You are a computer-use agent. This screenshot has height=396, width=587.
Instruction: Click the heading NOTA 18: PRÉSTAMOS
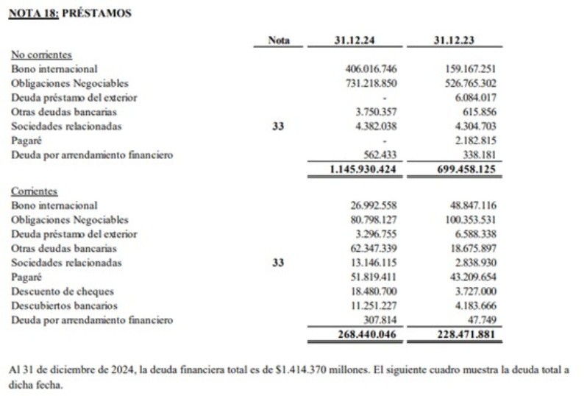pos(70,13)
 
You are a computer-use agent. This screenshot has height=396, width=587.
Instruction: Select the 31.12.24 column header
pos(355,40)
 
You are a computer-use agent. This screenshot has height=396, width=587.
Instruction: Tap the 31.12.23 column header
pos(454,40)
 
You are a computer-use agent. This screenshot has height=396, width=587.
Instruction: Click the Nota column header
pos(279,40)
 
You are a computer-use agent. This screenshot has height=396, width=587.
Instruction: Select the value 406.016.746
pos(371,69)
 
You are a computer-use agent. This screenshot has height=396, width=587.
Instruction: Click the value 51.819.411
pos(374,277)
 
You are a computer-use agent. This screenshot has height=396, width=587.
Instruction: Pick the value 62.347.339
pos(374,249)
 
